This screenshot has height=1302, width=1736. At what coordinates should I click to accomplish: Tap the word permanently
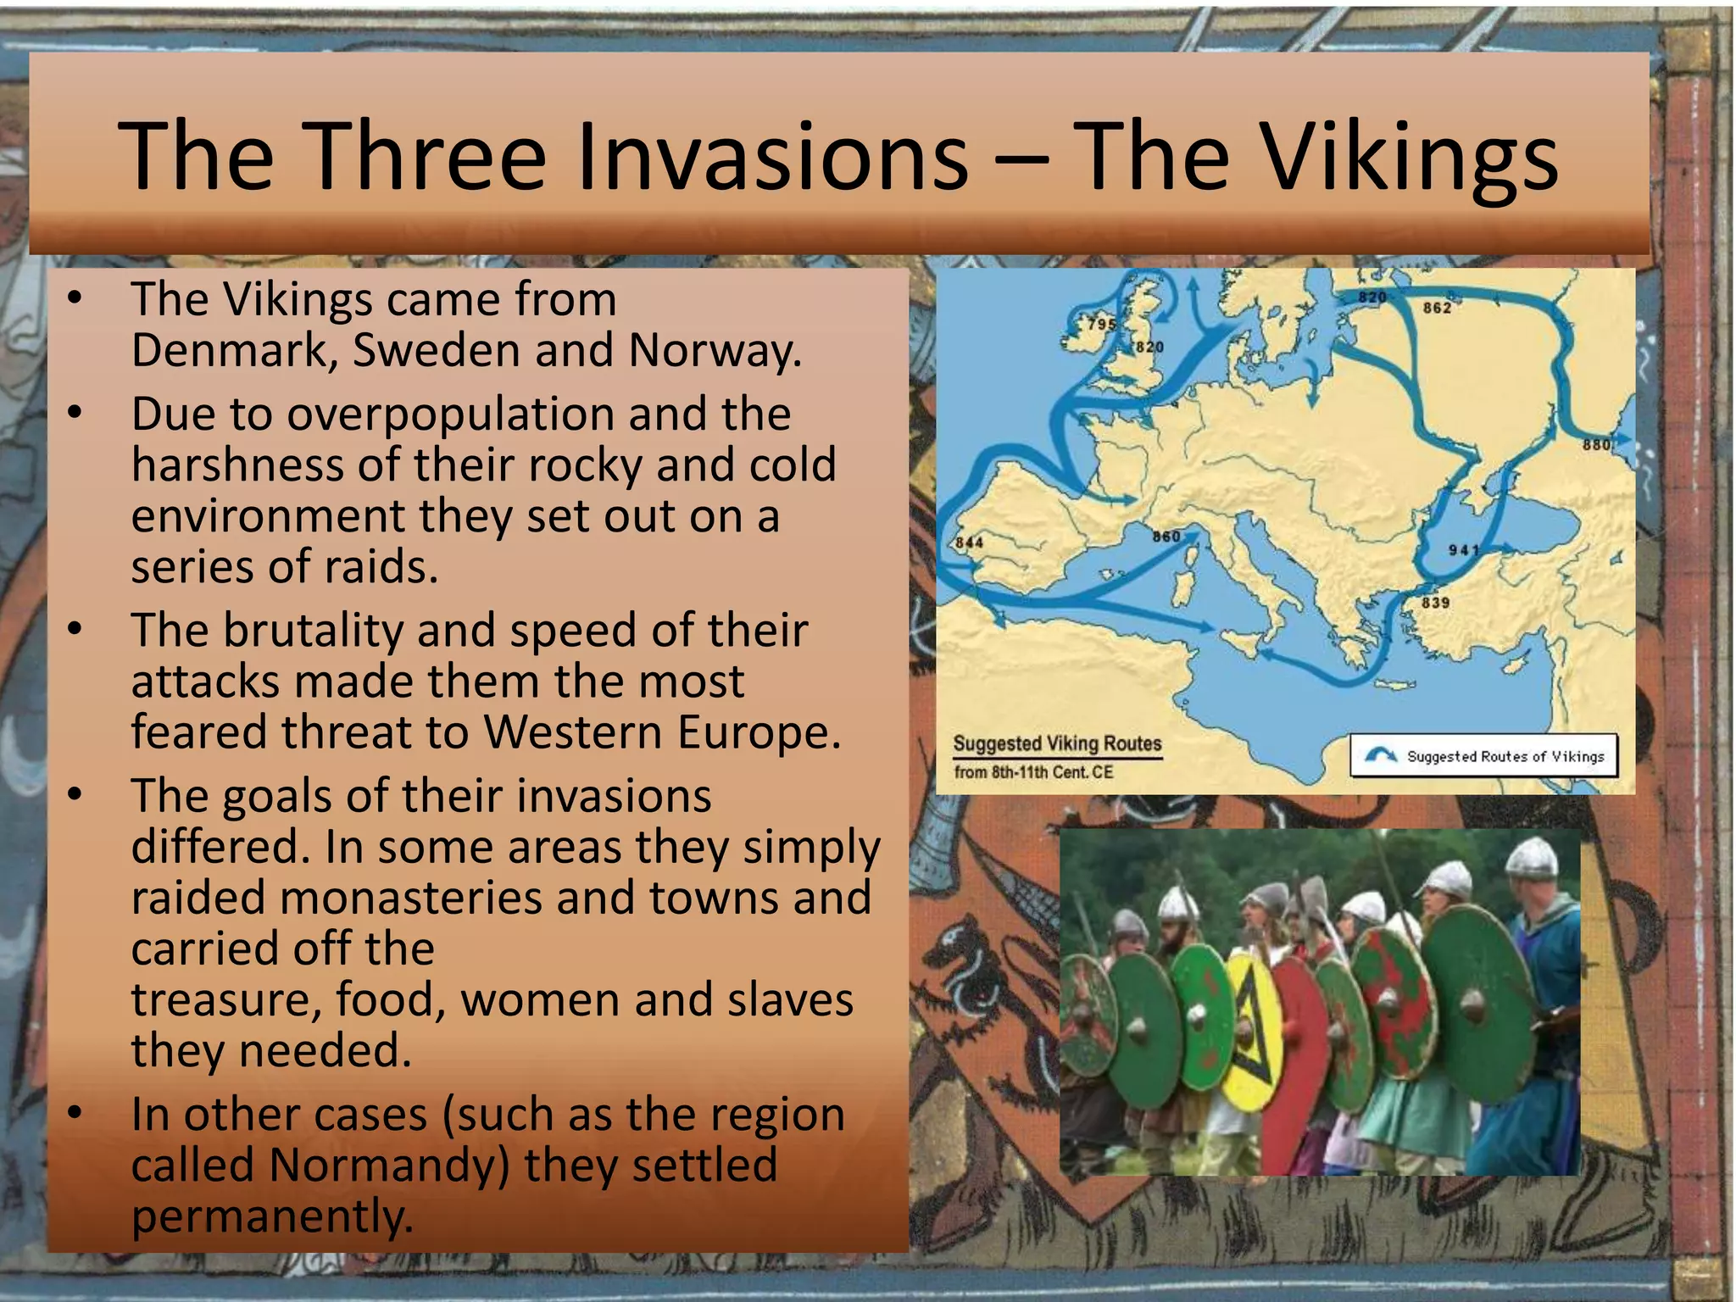[x=272, y=1216]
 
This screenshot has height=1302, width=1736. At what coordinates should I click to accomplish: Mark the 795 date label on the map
[x=1102, y=324]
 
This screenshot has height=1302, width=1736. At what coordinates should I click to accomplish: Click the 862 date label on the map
[x=1437, y=308]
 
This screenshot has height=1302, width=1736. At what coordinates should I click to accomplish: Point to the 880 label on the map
[x=1596, y=445]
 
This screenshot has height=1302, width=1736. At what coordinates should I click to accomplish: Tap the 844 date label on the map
[x=970, y=542]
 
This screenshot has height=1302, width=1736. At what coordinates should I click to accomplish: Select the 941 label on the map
[x=1464, y=550]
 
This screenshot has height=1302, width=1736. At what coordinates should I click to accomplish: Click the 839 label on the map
[x=1435, y=603]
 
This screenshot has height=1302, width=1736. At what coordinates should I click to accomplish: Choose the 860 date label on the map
[x=1166, y=537]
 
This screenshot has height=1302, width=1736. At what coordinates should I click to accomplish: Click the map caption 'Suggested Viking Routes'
[x=1057, y=743]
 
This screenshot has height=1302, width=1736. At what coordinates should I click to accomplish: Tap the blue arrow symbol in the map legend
[x=1381, y=755]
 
